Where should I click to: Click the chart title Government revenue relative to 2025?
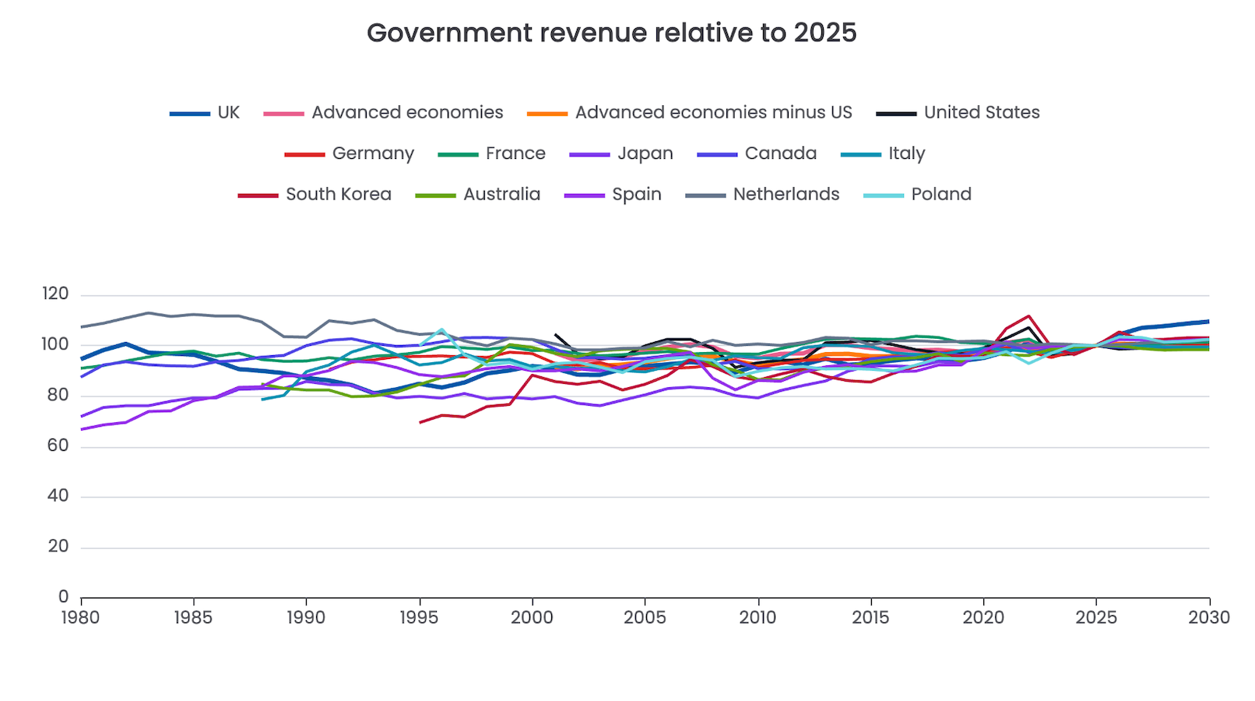[x=611, y=33]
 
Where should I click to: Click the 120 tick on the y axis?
[x=55, y=294]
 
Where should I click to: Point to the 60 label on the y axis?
[x=58, y=446]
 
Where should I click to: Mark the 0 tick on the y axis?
[x=64, y=597]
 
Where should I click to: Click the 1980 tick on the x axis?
[x=81, y=618]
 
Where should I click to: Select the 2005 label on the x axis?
[x=645, y=618]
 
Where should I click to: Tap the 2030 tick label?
[x=1209, y=618]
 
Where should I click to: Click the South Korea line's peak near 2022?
[x=1029, y=316]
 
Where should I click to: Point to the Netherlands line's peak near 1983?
[x=149, y=313]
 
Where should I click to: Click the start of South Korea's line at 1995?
[x=420, y=422]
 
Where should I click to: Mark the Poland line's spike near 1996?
[x=442, y=329]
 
